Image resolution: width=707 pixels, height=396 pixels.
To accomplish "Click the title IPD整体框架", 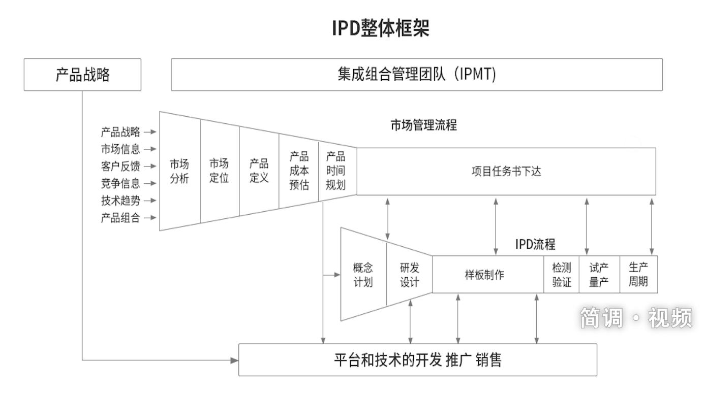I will (x=381, y=28).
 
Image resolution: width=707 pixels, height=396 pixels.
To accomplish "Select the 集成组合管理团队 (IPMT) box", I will (x=416, y=75).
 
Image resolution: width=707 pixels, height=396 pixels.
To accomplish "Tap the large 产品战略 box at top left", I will (x=82, y=75).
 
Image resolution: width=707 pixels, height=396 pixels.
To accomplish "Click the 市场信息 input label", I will (x=120, y=149).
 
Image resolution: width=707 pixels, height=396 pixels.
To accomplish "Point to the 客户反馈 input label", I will (x=120, y=167).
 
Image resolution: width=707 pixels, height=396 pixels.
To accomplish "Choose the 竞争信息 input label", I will (x=120, y=184).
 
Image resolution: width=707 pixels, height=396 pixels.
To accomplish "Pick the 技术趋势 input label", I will (x=120, y=201).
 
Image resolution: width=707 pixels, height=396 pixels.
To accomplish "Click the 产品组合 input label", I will (x=120, y=218).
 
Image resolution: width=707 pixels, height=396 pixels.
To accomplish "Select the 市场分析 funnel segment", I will (x=179, y=171).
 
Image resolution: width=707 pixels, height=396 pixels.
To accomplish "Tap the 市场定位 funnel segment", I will (x=219, y=171).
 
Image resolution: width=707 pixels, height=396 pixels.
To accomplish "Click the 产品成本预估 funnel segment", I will (x=299, y=171).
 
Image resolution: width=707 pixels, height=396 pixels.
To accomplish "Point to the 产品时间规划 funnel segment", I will (x=335, y=171).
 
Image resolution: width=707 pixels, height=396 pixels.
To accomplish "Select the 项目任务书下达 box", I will (x=506, y=171).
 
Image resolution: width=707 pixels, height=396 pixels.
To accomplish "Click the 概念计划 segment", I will (x=363, y=275).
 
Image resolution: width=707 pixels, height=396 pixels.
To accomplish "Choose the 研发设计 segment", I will (x=409, y=275).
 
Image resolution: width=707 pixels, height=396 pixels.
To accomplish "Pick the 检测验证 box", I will (x=562, y=275).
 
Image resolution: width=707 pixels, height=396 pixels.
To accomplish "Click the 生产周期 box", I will (x=638, y=275).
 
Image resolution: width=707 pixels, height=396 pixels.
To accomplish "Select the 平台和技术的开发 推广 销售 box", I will (x=417, y=360).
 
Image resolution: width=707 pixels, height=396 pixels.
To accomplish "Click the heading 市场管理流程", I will (x=423, y=125).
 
